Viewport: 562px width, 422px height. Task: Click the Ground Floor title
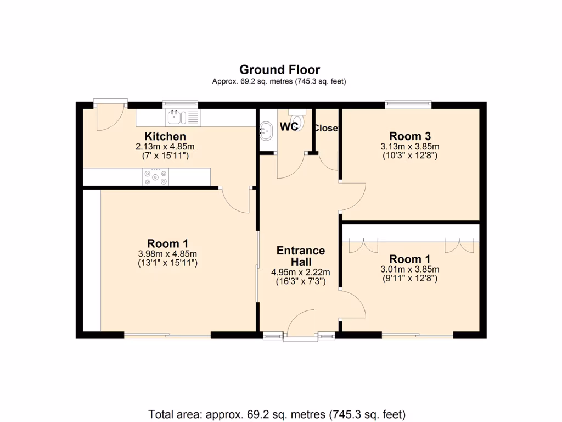tap(279, 70)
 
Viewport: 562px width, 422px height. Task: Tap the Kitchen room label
tap(165, 136)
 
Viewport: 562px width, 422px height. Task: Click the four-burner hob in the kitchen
tap(155, 176)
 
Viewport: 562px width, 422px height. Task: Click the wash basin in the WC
tap(267, 131)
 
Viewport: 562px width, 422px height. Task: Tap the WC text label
tap(289, 127)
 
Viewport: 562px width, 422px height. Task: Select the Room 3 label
tap(409, 136)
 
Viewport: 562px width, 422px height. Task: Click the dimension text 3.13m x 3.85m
tap(409, 147)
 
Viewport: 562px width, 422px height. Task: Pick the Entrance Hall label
tap(300, 256)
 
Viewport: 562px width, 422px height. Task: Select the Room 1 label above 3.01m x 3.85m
tap(409, 259)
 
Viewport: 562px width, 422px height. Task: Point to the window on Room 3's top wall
tap(408, 103)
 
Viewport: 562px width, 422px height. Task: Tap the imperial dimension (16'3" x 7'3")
tap(300, 281)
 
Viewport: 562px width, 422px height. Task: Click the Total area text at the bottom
tap(277, 413)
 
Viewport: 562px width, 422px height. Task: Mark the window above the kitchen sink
tap(180, 103)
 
